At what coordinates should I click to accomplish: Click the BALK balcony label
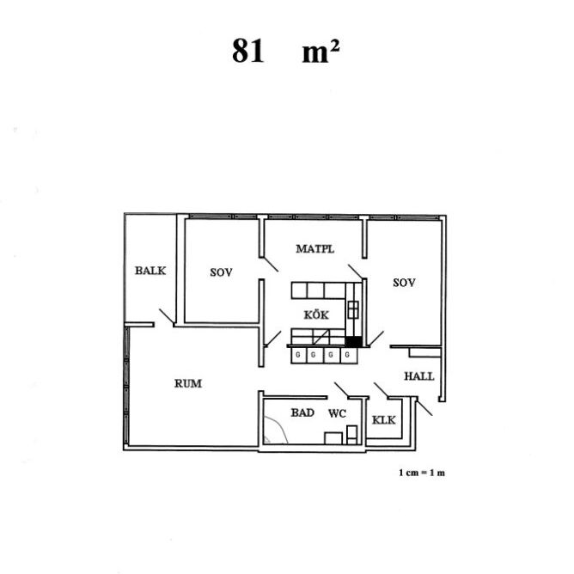[150, 271]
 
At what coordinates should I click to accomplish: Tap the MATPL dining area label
[314, 249]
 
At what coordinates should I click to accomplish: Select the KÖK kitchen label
[316, 314]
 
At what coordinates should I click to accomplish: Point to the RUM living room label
[188, 383]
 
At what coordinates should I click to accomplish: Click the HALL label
[419, 376]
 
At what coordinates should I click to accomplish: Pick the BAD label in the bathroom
[302, 412]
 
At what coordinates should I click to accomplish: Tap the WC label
[337, 413]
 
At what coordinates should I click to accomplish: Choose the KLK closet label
[383, 420]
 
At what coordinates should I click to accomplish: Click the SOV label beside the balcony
[221, 272]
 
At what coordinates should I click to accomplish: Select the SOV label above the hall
[404, 283]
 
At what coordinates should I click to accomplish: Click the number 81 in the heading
[247, 51]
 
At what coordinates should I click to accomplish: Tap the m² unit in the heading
[321, 52]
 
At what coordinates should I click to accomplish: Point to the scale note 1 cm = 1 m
[422, 473]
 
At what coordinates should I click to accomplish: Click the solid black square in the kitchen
[354, 341]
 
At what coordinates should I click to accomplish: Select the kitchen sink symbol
[353, 309]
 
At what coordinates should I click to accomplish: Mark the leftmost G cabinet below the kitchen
[298, 356]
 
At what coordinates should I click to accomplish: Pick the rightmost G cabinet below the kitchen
[349, 356]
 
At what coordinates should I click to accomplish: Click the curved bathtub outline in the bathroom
[280, 428]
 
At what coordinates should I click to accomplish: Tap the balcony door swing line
[167, 317]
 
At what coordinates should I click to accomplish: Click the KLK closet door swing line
[381, 390]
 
